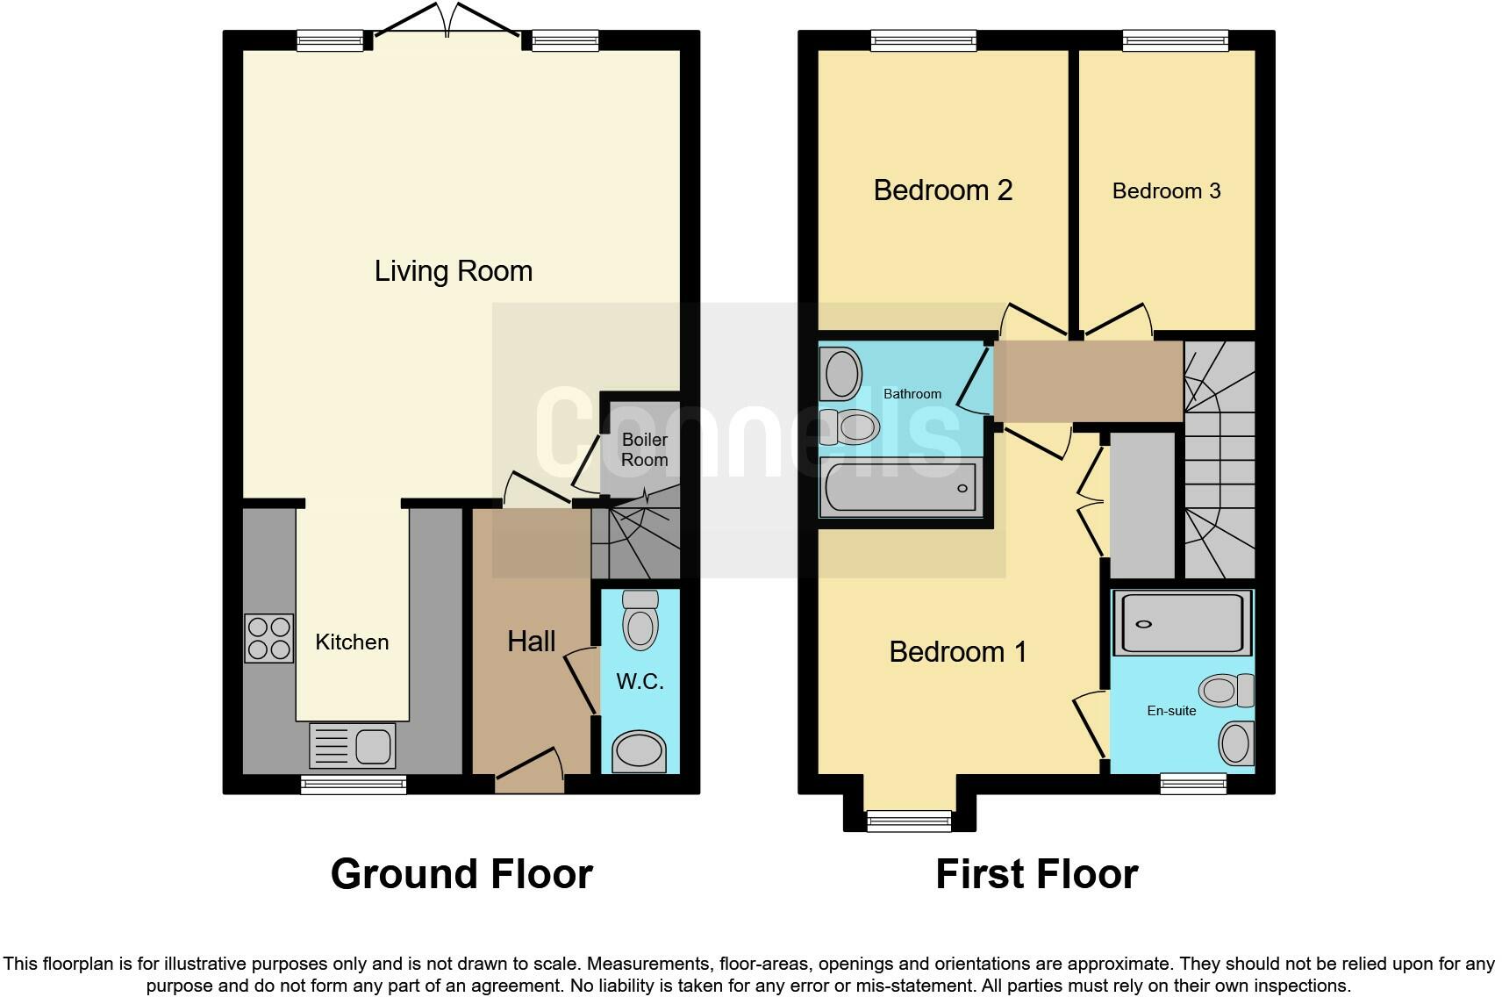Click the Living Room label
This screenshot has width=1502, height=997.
pos(454,272)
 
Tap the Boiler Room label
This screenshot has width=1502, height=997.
pos(644,449)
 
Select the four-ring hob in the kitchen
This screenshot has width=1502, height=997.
pos(268,638)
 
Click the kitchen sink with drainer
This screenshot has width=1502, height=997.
pos(353,745)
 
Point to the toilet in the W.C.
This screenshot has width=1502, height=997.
pos(640,620)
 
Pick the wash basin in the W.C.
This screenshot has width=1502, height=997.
pos(640,750)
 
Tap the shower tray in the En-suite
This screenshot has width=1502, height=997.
pos(1183,623)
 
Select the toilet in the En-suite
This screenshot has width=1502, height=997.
pos(1227,691)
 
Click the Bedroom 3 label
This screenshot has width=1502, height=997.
pos(1166,191)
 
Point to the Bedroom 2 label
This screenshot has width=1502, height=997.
pos(943,190)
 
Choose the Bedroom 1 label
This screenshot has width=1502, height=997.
pos(957,652)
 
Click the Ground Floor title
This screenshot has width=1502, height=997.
pos(462,874)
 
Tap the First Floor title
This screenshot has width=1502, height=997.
pos(1037,874)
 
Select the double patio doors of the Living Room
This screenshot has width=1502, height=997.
pos(447,19)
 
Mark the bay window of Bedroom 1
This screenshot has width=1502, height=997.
pos(909,821)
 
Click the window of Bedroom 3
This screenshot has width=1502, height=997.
pos(1176,41)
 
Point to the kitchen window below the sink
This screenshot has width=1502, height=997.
pos(354,785)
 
